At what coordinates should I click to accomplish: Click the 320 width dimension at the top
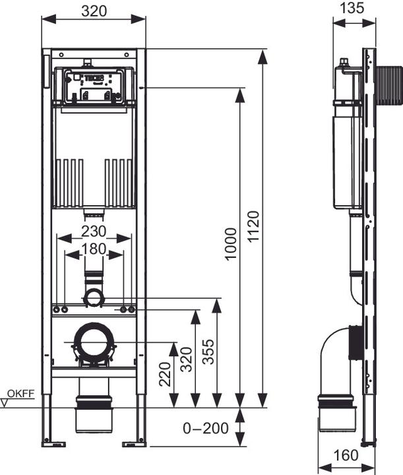point(94,11)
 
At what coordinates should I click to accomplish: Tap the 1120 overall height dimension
point(254,228)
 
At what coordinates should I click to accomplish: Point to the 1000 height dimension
point(230,244)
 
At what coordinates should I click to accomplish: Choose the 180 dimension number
point(94,249)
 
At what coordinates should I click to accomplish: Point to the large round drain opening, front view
point(94,342)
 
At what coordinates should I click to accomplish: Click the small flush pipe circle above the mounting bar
point(94,298)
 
